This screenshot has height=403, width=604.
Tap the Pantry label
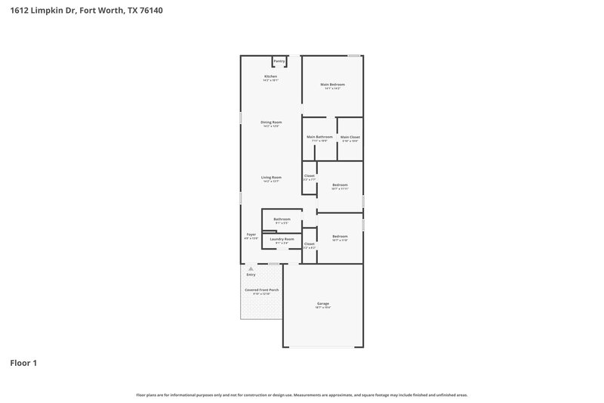coord(279,60)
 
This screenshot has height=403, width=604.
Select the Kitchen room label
coord(270,77)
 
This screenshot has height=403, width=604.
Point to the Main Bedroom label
coord(332,84)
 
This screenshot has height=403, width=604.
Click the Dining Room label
coord(271,122)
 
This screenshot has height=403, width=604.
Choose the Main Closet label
coord(350,137)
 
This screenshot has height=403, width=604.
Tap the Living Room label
coord(271,177)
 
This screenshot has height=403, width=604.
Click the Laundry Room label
coord(282,239)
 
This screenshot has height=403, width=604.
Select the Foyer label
coord(251,234)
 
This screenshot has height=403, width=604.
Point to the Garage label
coord(322,303)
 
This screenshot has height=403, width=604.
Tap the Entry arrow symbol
coord(251,268)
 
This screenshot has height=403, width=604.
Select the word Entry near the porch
coord(251,274)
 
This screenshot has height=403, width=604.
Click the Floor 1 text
coord(23,363)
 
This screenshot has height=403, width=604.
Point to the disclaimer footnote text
coord(301,395)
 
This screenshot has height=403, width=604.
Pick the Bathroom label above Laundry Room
coord(282,219)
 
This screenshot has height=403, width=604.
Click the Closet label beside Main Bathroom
coord(309,175)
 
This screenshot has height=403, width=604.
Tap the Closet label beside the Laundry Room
coord(309,243)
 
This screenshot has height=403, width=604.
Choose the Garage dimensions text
coord(322,308)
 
